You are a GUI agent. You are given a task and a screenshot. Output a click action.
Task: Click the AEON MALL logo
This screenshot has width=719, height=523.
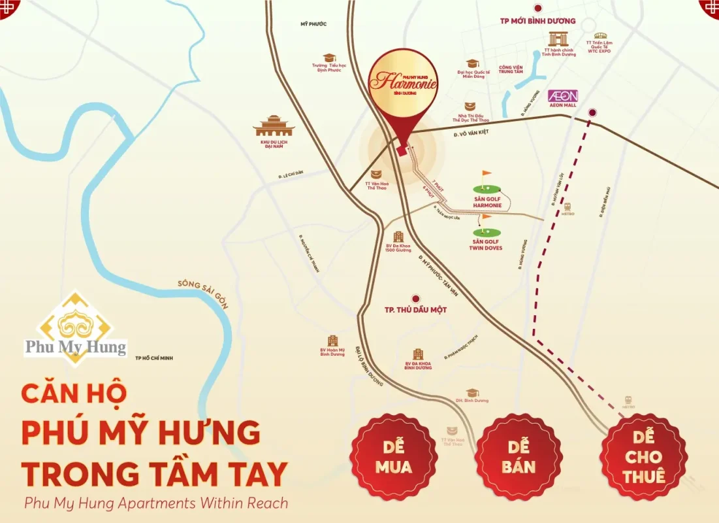pos(563,95)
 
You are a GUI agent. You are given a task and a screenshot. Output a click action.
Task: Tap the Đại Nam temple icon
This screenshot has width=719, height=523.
pos(274,126)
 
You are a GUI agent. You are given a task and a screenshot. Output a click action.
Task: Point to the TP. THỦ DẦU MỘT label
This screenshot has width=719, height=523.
pos(416,309)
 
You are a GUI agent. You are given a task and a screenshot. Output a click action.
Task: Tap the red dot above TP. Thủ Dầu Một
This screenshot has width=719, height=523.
pos(415,298)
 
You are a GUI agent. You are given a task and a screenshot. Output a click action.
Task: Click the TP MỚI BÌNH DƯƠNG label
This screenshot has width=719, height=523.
pos(537,21)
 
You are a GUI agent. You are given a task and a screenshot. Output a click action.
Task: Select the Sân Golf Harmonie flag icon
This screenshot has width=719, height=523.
pos(485,178)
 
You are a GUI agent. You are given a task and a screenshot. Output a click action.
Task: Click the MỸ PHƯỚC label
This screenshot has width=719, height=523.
pos(313,24)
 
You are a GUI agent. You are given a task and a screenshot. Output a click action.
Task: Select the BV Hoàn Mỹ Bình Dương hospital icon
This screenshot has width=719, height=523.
pos(333,341)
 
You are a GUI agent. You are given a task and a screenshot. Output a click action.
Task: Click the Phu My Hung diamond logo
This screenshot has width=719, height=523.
pos(77,327)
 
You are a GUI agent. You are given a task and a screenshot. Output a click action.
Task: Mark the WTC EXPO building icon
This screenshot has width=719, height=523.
pos(600,37)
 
